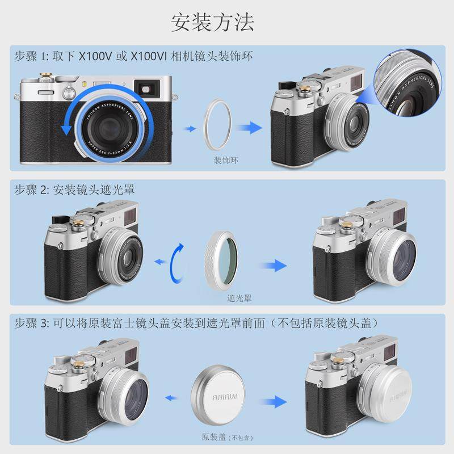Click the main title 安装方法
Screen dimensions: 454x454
click(x=213, y=22)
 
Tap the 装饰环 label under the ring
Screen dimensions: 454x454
click(x=226, y=160)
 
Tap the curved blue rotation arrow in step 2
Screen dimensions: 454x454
click(x=178, y=262)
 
